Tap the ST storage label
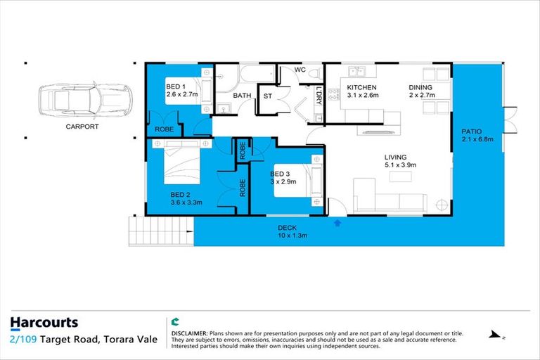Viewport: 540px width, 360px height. (x=268, y=96)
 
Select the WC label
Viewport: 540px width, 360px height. (x=300, y=70)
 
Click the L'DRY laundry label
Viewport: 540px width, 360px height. (x=319, y=96)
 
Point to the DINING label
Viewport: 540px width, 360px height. (x=422, y=88)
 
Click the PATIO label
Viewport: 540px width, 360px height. (x=471, y=131)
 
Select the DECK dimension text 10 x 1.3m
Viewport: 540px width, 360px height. (x=292, y=236)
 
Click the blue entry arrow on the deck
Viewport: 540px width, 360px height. (x=337, y=223)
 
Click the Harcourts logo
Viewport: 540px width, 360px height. (x=44, y=323)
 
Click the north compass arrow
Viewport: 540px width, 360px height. (x=496, y=335)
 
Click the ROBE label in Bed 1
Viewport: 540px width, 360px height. (x=163, y=130)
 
